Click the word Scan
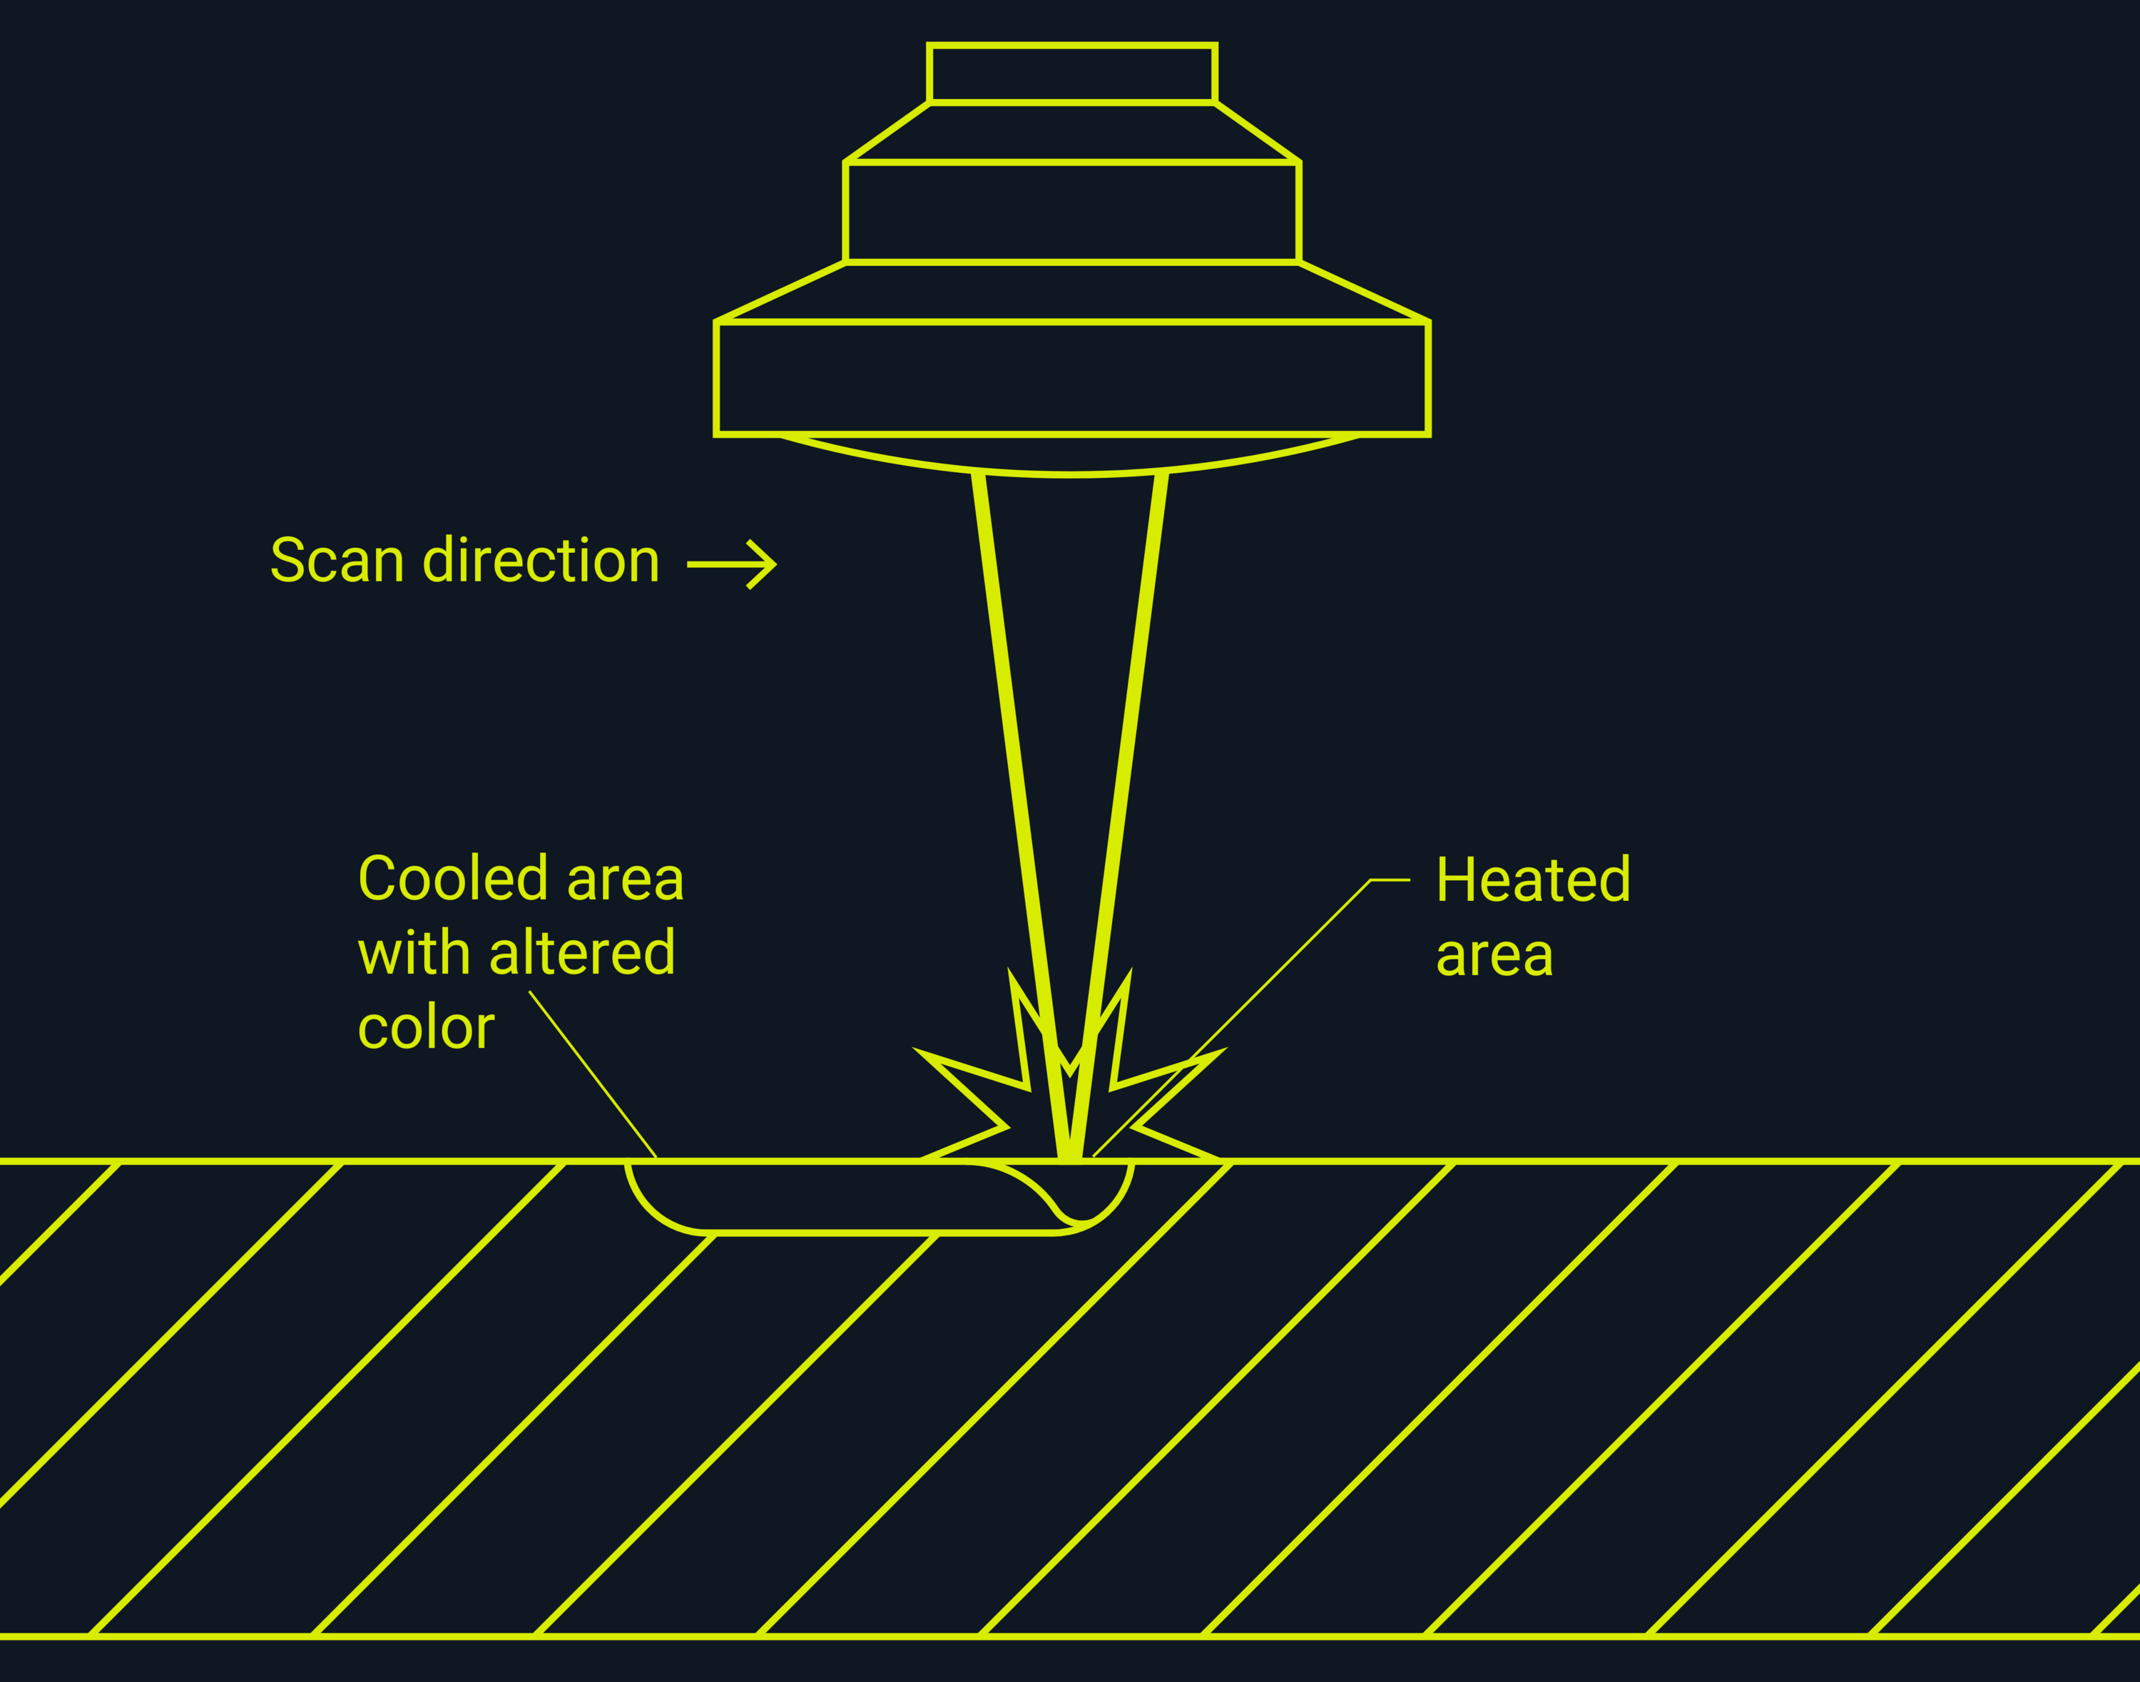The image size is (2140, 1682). click(x=337, y=561)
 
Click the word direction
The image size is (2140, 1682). click(x=541, y=561)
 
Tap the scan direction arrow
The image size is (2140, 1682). click(x=732, y=564)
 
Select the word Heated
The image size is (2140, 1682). click(x=1532, y=880)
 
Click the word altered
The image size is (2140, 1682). click(x=582, y=953)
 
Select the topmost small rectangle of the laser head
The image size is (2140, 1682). click(x=1072, y=74)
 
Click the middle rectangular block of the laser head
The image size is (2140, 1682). click(x=1072, y=213)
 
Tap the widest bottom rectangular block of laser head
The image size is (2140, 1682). click(x=1072, y=378)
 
